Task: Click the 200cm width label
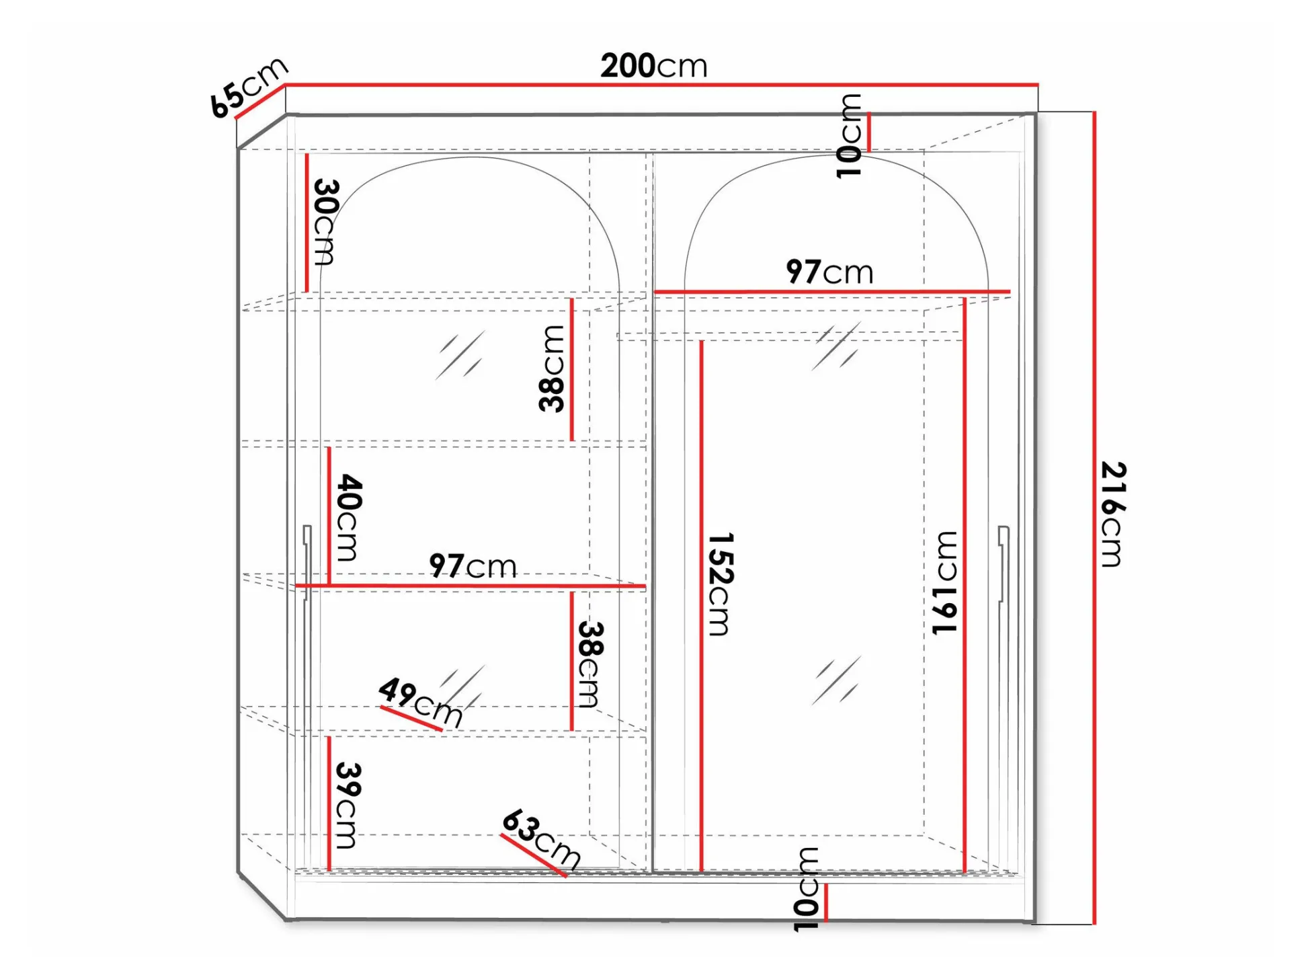click(653, 66)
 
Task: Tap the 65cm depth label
click(248, 87)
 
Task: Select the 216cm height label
click(1113, 514)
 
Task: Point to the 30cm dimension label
click(325, 222)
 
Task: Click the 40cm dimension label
click(349, 517)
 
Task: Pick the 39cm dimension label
click(348, 805)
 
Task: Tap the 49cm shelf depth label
click(421, 703)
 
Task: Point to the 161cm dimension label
click(944, 582)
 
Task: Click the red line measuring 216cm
click(1094, 518)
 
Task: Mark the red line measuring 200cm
click(661, 85)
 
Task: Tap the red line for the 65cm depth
click(259, 102)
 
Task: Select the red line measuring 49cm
click(411, 717)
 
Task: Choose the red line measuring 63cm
click(534, 855)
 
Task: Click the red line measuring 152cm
click(701, 606)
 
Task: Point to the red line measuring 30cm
click(307, 223)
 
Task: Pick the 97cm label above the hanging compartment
click(829, 272)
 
